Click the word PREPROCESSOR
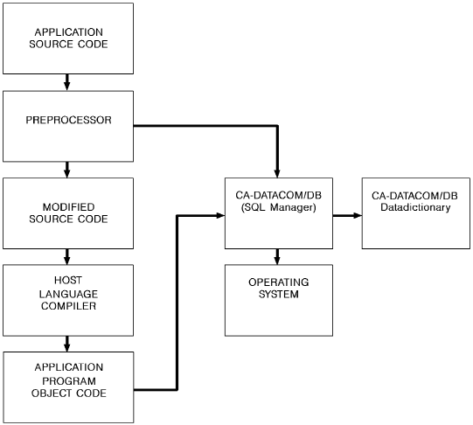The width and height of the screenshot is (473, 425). coord(68,120)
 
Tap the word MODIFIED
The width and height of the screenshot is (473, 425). coord(68,206)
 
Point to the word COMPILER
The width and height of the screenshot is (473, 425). coord(68,306)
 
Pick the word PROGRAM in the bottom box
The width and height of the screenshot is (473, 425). coord(68,380)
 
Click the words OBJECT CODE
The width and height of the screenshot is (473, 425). coord(68,392)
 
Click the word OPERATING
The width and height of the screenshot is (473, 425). coord(278,282)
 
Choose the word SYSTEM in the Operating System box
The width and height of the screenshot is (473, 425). coord(278,294)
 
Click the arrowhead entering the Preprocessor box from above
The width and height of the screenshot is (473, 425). coord(68,87)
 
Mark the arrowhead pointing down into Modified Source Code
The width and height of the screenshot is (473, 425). coord(68,174)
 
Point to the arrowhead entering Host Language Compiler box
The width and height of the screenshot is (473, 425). coord(68,261)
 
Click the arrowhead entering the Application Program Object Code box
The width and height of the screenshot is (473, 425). coord(68,347)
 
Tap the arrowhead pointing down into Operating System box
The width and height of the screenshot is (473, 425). coord(278,261)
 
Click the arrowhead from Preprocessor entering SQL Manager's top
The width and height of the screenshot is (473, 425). coord(278,174)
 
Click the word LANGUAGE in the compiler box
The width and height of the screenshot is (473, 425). coord(68,294)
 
